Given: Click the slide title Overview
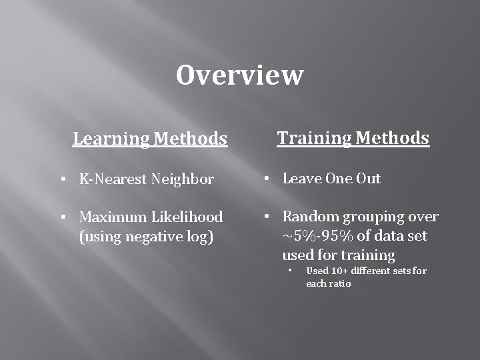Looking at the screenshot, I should pyautogui.click(x=239, y=75).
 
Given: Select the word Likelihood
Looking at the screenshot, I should pyautogui.click(x=187, y=217).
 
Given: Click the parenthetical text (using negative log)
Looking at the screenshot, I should pyautogui.click(x=146, y=236).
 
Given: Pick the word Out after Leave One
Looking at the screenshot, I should pyautogui.click(x=368, y=179).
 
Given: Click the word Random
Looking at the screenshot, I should pyautogui.click(x=309, y=217).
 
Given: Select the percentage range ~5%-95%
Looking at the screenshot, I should pyautogui.click(x=321, y=236).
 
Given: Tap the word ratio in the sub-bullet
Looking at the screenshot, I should pyautogui.click(x=339, y=283).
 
